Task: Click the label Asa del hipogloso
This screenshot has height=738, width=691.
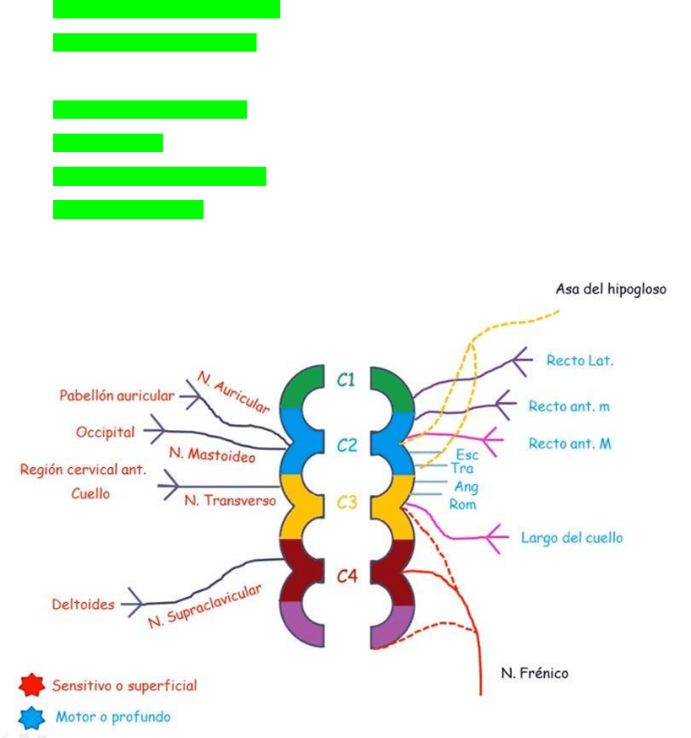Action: (611, 289)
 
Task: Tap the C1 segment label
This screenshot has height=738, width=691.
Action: (347, 380)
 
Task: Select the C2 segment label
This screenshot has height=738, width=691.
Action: (347, 445)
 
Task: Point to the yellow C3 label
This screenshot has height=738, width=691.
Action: (347, 503)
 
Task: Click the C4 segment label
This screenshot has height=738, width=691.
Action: (347, 576)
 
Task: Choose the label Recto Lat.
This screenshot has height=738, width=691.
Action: (580, 361)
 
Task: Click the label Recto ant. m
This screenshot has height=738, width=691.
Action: (569, 406)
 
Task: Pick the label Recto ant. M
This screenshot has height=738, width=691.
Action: (569, 444)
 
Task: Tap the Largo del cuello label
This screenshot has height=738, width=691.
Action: (572, 537)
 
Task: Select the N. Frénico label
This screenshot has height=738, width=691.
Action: (535, 673)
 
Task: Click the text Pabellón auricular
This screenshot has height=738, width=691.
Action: (117, 396)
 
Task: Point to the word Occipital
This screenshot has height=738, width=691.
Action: (105, 432)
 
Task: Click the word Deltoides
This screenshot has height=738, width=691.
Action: (83, 604)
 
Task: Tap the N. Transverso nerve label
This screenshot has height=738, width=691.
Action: (229, 500)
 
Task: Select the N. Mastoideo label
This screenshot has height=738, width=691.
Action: (212, 455)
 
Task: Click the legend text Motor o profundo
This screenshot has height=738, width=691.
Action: (113, 717)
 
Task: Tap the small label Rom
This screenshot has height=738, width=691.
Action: (462, 505)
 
